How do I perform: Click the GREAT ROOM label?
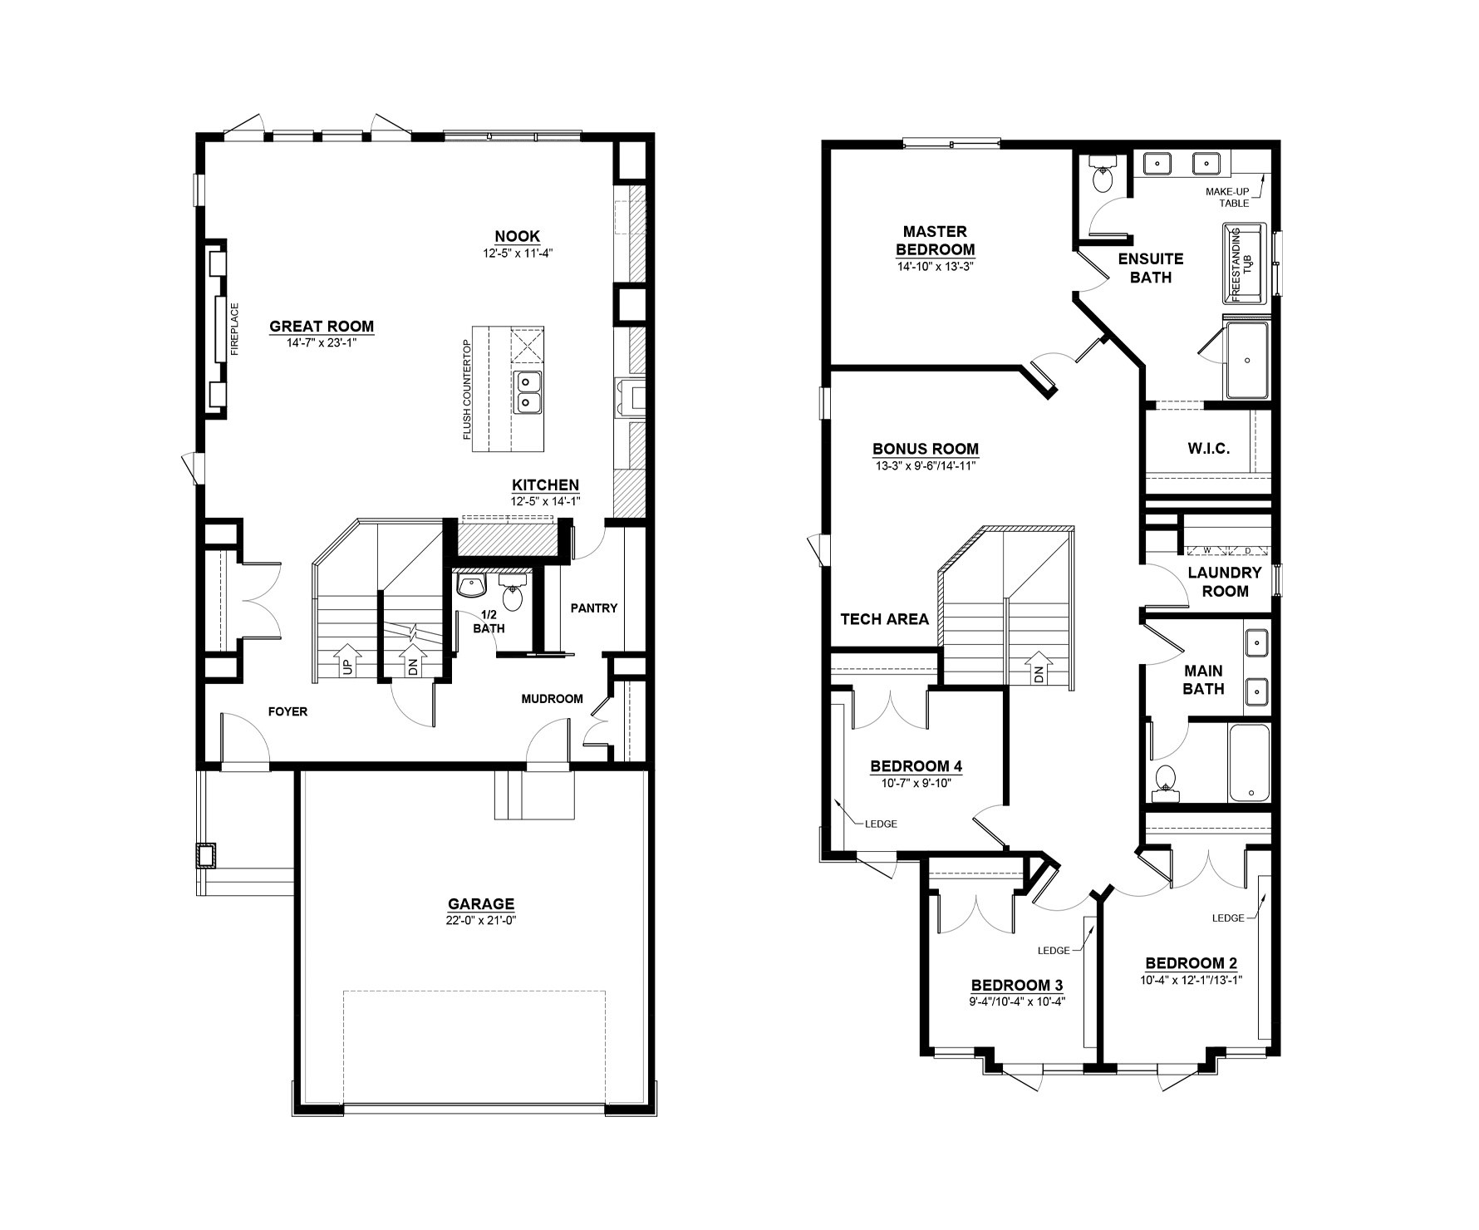(x=322, y=327)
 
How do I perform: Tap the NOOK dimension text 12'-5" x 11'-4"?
(x=518, y=253)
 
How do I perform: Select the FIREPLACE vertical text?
(x=234, y=329)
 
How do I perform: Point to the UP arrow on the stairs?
(x=346, y=660)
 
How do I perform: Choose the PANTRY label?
(x=594, y=608)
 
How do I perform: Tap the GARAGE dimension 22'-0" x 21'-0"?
(x=481, y=920)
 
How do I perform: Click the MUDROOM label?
(x=553, y=699)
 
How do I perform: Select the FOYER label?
(x=287, y=711)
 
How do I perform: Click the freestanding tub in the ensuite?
(x=1243, y=263)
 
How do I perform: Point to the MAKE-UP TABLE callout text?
(x=1227, y=198)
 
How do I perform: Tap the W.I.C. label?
(x=1209, y=449)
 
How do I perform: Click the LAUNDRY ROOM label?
(x=1225, y=582)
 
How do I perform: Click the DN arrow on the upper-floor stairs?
(x=1038, y=668)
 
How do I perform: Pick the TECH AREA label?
(x=885, y=619)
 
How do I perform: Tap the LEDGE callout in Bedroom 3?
(x=1053, y=950)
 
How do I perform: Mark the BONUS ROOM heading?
(x=926, y=450)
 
